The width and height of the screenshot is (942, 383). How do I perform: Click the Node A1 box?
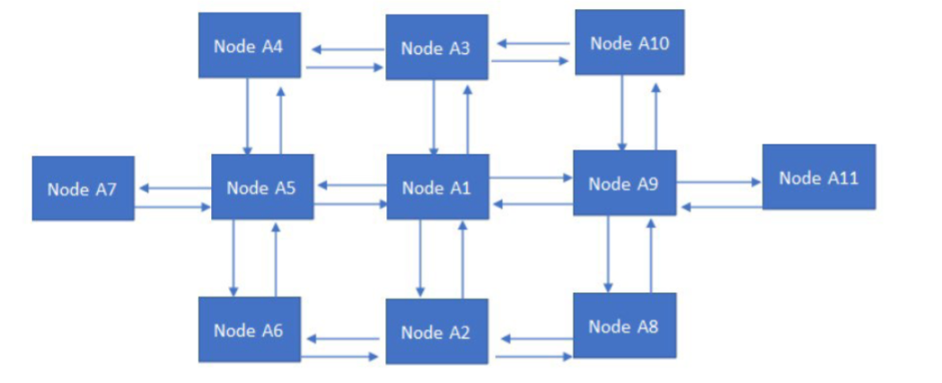pyautogui.click(x=437, y=187)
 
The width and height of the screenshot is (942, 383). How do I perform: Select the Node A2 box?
pyautogui.click(x=436, y=332)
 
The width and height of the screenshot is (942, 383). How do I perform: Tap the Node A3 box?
pyautogui.click(x=436, y=48)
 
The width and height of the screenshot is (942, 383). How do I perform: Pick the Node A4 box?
pyautogui.click(x=249, y=45)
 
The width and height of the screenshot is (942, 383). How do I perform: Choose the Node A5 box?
pyautogui.click(x=262, y=187)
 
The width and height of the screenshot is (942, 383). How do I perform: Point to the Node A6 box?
pyautogui.click(x=249, y=330)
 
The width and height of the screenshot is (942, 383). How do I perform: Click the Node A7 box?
pyautogui.click(x=83, y=189)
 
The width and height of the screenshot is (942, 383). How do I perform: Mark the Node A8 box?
pyautogui.click(x=624, y=325)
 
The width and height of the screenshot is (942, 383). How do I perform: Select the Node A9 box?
pyautogui.click(x=624, y=183)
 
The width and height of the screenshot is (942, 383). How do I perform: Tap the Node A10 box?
pyautogui.click(x=629, y=42)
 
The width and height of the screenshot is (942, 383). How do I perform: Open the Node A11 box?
pyautogui.click(x=818, y=177)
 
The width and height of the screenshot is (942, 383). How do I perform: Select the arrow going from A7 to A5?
pyautogui.click(x=172, y=207)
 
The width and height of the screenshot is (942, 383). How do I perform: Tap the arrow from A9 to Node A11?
pyautogui.click(x=718, y=182)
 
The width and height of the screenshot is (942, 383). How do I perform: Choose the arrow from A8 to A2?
pyautogui.click(x=535, y=339)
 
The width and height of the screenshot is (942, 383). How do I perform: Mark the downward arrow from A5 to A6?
pyautogui.click(x=233, y=257)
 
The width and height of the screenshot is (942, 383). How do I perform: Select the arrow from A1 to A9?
pyautogui.click(x=531, y=178)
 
